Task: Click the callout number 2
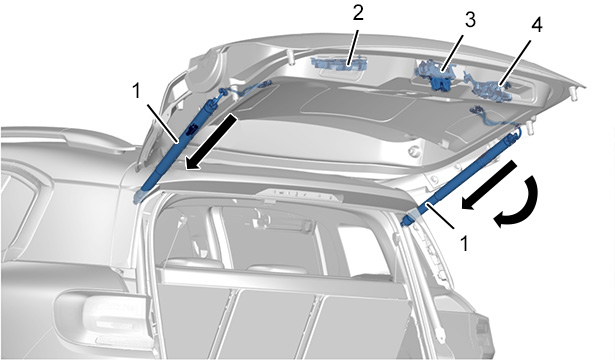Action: click(358, 13)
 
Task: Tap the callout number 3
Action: click(470, 20)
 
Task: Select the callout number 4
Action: click(537, 25)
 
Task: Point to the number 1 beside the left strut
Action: click(136, 92)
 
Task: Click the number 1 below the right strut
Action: click(464, 243)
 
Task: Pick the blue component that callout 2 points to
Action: click(339, 64)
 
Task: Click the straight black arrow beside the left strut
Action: click(211, 142)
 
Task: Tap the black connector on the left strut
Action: click(192, 129)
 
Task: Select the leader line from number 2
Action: click(352, 44)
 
